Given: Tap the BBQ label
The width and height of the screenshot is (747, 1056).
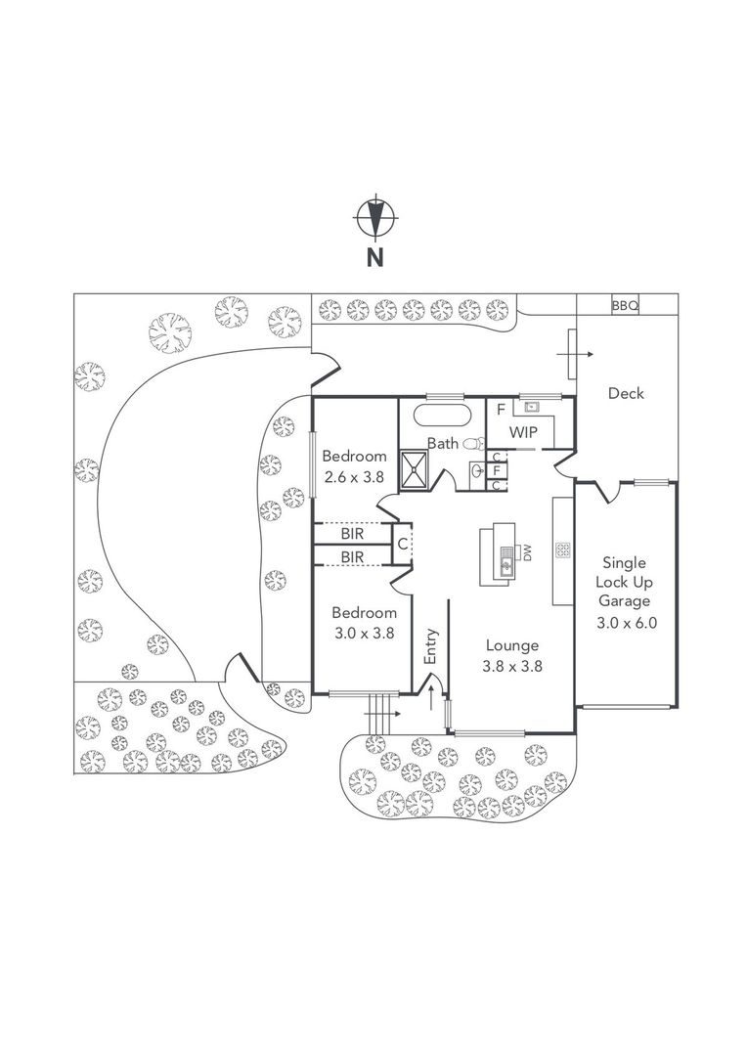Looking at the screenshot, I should click(x=625, y=306).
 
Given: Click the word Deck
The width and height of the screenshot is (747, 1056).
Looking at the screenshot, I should click(x=626, y=393).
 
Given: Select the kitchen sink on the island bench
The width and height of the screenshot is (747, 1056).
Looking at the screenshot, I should click(x=505, y=561).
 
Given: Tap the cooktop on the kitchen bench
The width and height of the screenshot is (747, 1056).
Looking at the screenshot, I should click(x=562, y=550).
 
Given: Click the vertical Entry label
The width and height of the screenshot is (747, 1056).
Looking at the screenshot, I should click(x=430, y=646).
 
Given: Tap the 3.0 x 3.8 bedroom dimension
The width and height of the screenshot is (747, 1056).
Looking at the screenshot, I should click(x=362, y=632).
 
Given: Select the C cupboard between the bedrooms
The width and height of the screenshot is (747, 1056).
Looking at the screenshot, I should click(x=402, y=544).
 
